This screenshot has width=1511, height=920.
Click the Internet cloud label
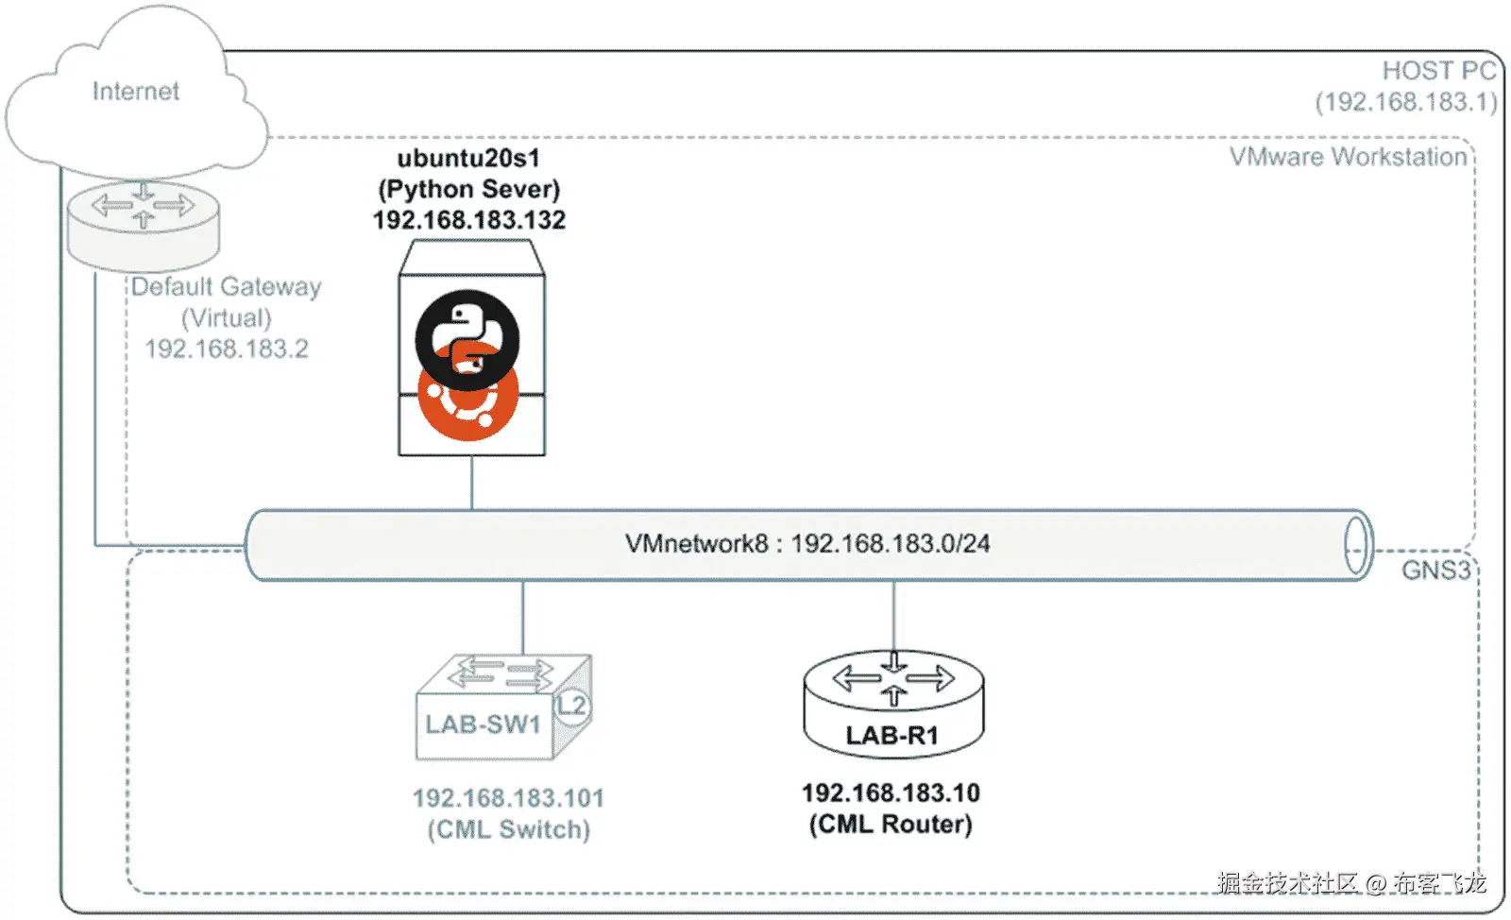(x=136, y=91)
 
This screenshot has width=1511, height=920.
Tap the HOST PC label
(x=1439, y=71)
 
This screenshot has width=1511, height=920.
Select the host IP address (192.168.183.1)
(x=1406, y=102)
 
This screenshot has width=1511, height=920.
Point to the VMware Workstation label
(x=1349, y=157)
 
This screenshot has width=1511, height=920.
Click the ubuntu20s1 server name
(x=468, y=158)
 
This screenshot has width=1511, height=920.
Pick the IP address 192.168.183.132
(x=469, y=220)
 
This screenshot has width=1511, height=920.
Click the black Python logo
(x=467, y=339)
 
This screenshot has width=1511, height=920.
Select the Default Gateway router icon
(x=143, y=226)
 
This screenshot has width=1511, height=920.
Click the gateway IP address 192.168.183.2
(x=227, y=349)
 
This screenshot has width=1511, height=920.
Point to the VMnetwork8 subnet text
(x=807, y=544)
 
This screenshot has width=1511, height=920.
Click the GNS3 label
(x=1435, y=571)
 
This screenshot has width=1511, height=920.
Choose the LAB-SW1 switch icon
(x=504, y=707)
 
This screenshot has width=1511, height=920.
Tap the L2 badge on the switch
(x=572, y=706)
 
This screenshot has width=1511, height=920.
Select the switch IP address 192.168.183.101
(x=509, y=798)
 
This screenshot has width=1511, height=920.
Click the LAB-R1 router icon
(x=893, y=704)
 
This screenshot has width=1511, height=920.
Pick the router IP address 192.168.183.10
(x=891, y=793)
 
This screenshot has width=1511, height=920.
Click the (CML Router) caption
(x=891, y=825)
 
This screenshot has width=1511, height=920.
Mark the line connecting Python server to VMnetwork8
(x=471, y=483)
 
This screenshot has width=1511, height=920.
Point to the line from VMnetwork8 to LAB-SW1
(x=523, y=618)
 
